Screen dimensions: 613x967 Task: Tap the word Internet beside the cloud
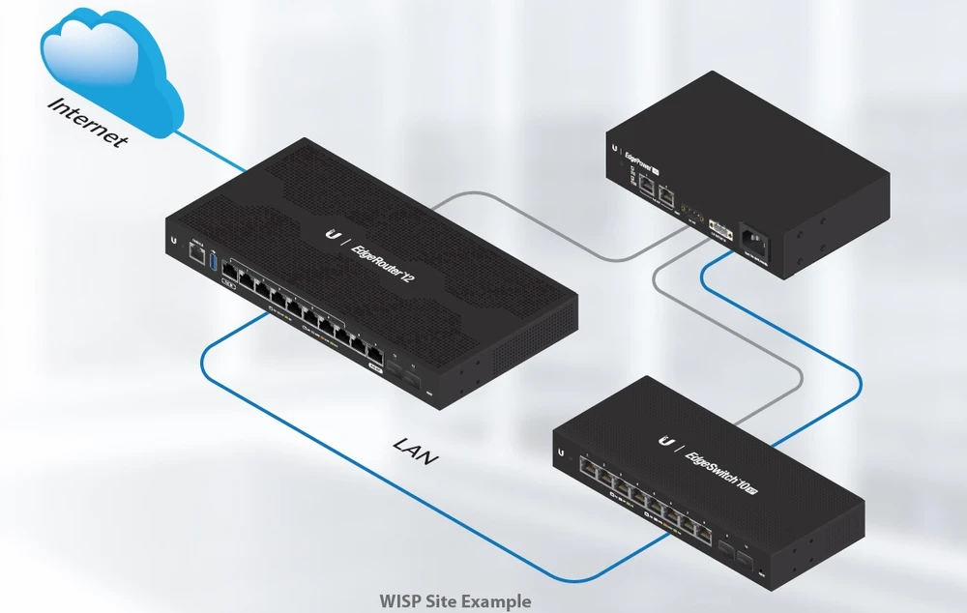click(x=88, y=122)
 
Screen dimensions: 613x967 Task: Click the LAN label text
click(x=415, y=450)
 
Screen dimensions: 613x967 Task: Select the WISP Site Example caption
click(x=455, y=601)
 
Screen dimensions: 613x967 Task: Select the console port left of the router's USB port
click(x=195, y=254)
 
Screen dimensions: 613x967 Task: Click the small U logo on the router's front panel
click(x=173, y=239)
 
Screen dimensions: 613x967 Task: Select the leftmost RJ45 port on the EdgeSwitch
click(x=587, y=467)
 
